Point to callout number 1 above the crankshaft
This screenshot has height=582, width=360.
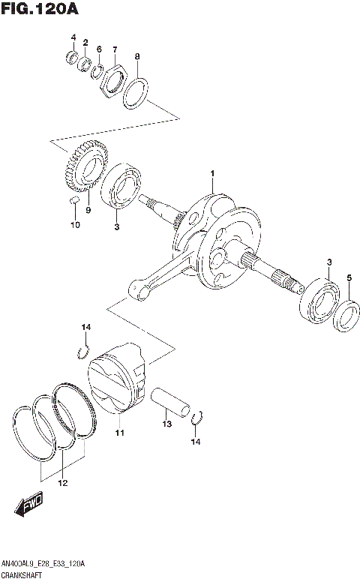pos(212,175)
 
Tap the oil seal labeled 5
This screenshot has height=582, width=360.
pos(346,313)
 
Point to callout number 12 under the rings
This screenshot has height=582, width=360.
pos(63,483)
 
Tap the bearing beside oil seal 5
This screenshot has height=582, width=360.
pos(320,302)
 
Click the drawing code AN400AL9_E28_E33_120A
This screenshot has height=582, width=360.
pos(44,563)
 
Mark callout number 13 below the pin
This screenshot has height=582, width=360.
pos(167,424)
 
